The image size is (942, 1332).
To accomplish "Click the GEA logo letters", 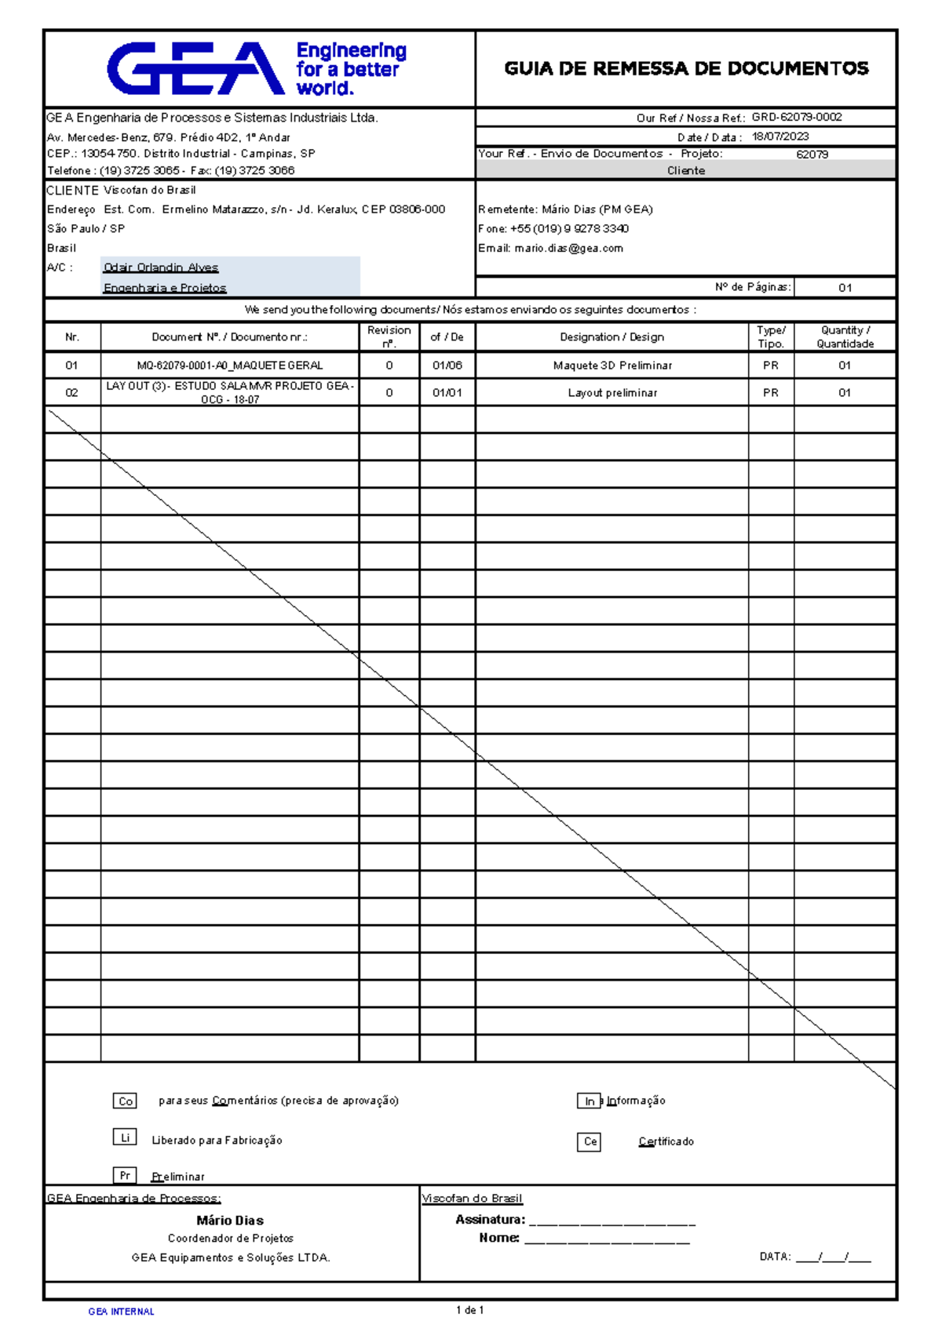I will (x=195, y=69).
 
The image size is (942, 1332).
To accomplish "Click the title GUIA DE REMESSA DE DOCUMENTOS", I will (x=686, y=69).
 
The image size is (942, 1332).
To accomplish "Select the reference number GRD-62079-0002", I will (x=796, y=118).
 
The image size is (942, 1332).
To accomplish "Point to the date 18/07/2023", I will (x=780, y=136).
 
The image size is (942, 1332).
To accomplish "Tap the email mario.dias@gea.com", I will (x=568, y=249).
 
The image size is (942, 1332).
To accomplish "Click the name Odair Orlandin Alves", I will (x=161, y=267).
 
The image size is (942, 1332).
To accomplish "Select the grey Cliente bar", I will (x=686, y=170).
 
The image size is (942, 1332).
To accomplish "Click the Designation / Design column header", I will (x=612, y=337).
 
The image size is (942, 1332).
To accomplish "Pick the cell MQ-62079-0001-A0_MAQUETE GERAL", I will (x=229, y=366).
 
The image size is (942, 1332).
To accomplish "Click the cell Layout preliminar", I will (x=612, y=393).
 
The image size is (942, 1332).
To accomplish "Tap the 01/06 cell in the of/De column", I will (x=447, y=366).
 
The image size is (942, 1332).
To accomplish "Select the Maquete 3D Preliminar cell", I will (x=612, y=366).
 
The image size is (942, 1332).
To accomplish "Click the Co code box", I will (x=126, y=1101).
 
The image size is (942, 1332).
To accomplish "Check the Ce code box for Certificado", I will (x=590, y=1142).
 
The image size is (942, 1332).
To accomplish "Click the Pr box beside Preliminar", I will (x=125, y=1175).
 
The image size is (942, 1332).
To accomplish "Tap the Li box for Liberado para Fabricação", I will (x=125, y=1137).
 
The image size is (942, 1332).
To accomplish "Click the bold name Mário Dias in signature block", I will (x=230, y=1221).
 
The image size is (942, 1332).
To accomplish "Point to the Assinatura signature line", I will (x=612, y=1221).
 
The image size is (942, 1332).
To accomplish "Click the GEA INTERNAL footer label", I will (x=121, y=1312).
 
